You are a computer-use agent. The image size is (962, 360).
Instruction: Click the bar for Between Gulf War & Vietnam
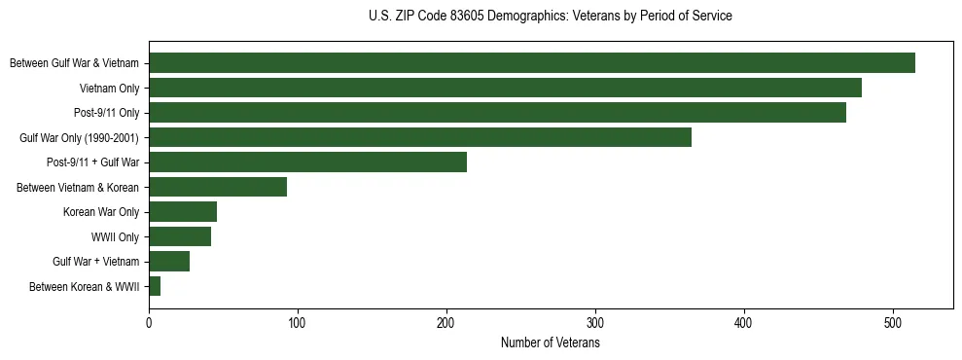tap(532, 63)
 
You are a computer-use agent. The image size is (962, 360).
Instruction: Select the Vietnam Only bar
tap(505, 88)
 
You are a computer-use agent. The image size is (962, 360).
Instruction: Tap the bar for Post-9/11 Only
tap(497, 113)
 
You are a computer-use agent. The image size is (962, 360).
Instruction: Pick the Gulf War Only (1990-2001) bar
tap(420, 137)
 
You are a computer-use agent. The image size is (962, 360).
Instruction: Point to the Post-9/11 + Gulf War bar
tap(307, 162)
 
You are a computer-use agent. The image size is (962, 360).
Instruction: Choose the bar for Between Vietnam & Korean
tap(218, 187)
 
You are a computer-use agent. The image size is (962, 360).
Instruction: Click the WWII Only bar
tap(180, 236)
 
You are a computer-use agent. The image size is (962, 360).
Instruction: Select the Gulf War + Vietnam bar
tap(169, 262)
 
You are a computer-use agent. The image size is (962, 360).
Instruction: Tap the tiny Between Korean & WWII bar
tap(155, 286)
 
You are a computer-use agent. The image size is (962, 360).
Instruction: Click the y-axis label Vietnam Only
tap(109, 89)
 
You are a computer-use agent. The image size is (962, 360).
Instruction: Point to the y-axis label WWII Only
tap(115, 236)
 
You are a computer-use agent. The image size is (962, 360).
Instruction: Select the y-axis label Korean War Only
tap(101, 212)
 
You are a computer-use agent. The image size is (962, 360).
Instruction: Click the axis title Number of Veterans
tap(550, 342)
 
